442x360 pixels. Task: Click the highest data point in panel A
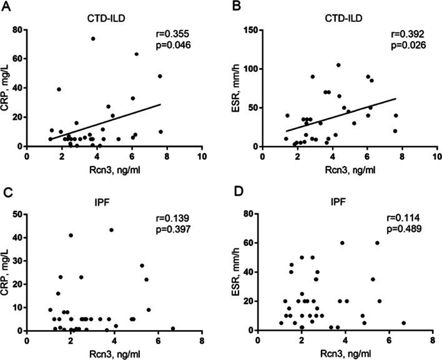click(93, 39)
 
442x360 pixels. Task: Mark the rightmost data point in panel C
click(173, 328)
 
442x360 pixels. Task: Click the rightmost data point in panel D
click(404, 323)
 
